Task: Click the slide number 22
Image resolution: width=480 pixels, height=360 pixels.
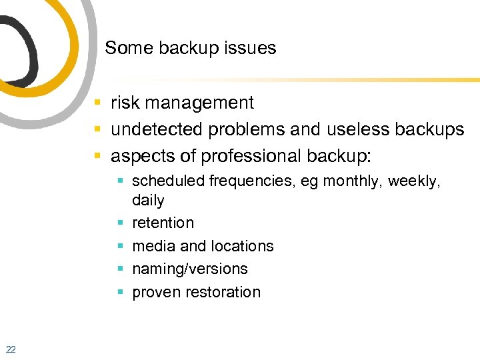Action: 11,349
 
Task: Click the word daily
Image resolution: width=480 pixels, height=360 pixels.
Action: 148,200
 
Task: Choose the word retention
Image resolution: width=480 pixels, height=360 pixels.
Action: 163,223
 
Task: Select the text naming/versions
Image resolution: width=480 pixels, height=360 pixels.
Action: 190,269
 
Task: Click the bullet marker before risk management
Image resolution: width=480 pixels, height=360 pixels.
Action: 97,103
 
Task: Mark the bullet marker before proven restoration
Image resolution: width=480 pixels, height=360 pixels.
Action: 121,292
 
